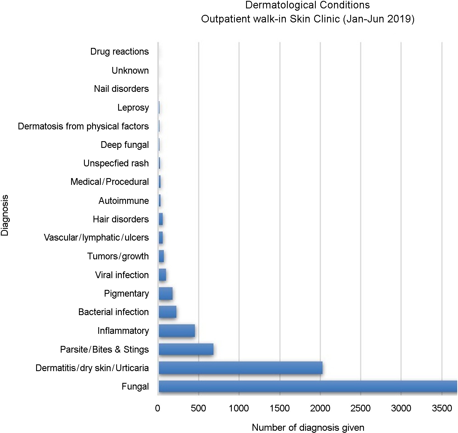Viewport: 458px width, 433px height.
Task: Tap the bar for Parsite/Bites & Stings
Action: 186,349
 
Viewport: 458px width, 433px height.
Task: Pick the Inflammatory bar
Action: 177,331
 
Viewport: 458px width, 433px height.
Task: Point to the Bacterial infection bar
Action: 167,312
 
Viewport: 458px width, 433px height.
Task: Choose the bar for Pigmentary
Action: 165,294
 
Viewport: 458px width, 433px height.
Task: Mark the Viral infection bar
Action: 162,275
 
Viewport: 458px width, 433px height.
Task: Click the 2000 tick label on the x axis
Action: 320,408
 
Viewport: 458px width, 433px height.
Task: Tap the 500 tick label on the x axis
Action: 198,408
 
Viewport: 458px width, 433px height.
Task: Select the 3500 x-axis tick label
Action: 442,408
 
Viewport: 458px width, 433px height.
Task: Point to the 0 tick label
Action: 158,408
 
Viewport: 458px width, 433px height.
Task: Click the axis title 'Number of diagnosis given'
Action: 308,427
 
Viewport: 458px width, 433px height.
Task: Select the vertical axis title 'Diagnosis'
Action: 5,215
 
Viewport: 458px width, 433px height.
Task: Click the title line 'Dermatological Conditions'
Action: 307,5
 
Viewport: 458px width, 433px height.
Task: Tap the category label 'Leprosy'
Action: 133,108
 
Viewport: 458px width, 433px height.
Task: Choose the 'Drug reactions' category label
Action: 120,52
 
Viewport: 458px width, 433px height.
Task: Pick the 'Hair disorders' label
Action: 121,219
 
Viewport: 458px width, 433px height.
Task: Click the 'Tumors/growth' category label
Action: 118,256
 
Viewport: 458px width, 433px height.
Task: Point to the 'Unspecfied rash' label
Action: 116,163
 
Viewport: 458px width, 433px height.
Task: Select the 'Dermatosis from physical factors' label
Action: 83,126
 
